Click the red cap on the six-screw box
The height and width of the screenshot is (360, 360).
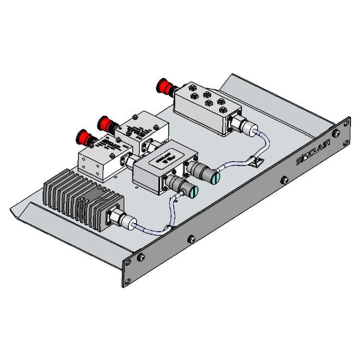[x=163, y=86]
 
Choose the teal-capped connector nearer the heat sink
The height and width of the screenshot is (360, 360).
[x=191, y=192]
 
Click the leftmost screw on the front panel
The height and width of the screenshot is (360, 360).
[x=140, y=258]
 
